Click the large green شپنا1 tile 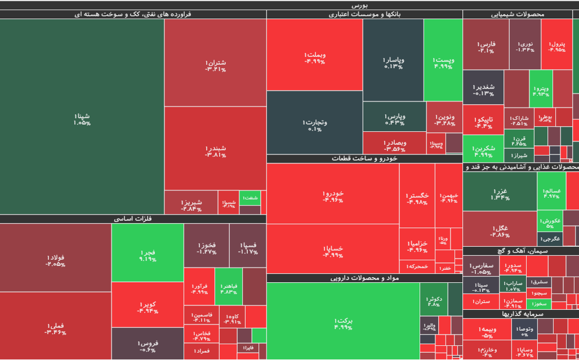pyautogui.click(x=82, y=118)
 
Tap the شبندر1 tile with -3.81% pyautogui.click(x=215, y=150)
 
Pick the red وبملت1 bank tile pyautogui.click(x=314, y=56)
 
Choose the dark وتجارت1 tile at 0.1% pyautogui.click(x=314, y=124)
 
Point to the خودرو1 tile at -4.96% pyautogui.click(x=333, y=196)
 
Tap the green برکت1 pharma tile pyautogui.click(x=343, y=323)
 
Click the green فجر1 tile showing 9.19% pyautogui.click(x=148, y=255)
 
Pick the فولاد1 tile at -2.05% pyautogui.click(x=55, y=260)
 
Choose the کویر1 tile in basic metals pyautogui.click(x=147, y=306)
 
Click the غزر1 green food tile pyautogui.click(x=500, y=193)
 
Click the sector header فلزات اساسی pyautogui.click(x=133, y=219)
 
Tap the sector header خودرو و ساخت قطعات pyautogui.click(x=364, y=159)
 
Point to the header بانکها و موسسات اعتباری pyautogui.click(x=364, y=14)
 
